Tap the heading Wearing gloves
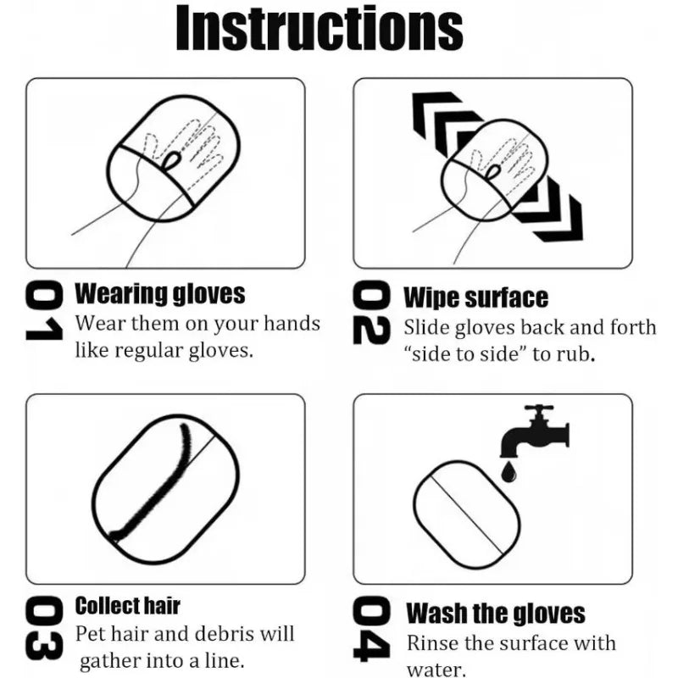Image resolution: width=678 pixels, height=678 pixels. [x=160, y=294]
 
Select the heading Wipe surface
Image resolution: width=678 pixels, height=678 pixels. [x=475, y=297]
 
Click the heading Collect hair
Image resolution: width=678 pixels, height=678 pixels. [x=128, y=606]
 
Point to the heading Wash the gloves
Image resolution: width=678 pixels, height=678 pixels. [x=496, y=613]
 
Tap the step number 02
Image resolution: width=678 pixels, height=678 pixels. [x=371, y=314]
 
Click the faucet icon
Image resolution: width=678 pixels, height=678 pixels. [x=533, y=432]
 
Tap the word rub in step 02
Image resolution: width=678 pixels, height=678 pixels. [x=578, y=353]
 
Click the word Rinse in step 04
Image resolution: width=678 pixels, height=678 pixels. [x=432, y=643]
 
